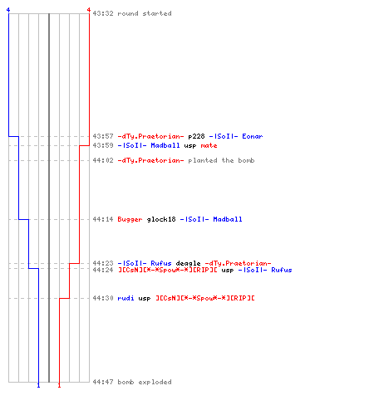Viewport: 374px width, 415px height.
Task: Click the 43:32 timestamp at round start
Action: [103, 13]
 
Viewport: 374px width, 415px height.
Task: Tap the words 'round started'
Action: [145, 13]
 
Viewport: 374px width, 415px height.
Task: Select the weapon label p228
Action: [196, 136]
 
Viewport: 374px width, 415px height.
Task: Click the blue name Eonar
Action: [253, 136]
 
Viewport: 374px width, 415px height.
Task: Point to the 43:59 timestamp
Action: [103, 145]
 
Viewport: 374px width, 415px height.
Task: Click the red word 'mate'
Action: [209, 145]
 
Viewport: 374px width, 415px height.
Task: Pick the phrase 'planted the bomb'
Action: [221, 160]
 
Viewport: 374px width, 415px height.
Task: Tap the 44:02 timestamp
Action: [103, 160]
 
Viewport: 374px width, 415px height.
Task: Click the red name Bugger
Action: [130, 219]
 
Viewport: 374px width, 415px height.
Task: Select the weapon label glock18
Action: [161, 219]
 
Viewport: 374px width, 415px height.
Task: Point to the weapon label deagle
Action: [188, 263]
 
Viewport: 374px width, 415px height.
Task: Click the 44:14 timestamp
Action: [103, 219]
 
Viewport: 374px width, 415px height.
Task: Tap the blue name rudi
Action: [125, 298]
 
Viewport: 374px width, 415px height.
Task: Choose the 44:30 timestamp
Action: [103, 298]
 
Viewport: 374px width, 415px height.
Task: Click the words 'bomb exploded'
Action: [145, 382]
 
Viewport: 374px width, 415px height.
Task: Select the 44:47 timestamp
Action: [103, 382]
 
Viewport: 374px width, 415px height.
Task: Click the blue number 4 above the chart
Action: [8, 10]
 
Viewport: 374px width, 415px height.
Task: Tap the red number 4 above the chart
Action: [89, 10]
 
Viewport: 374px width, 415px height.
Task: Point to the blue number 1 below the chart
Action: [38, 385]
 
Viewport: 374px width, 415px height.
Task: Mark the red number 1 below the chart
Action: [59, 385]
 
